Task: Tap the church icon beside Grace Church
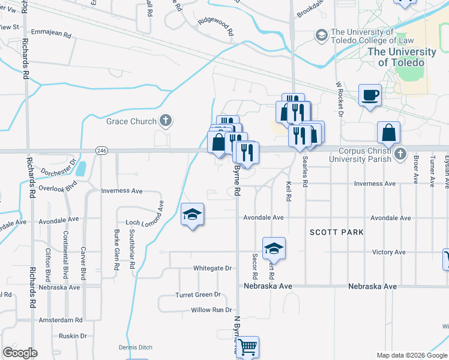pyautogui.click(x=166, y=121)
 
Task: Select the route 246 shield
pyautogui.click(x=101, y=151)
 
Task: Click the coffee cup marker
pyautogui.click(x=370, y=95)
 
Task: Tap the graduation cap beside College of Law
pyautogui.click(x=322, y=37)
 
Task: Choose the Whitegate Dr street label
pyautogui.click(x=212, y=268)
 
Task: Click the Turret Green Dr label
pyautogui.click(x=197, y=295)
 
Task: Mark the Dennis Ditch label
pyautogui.click(x=135, y=347)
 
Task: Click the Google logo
pyautogui.click(x=20, y=353)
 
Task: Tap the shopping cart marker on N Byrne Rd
pyautogui.click(x=247, y=346)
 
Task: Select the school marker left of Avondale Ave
pyautogui.click(x=193, y=215)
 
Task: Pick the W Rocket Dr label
pyautogui.click(x=339, y=99)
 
